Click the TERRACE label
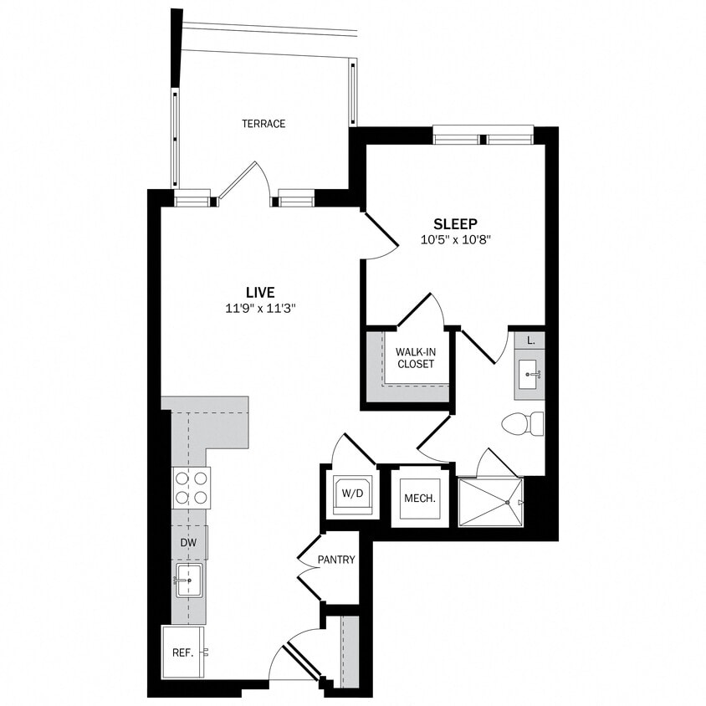(263, 124)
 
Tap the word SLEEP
(455, 223)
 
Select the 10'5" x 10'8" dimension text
(455, 240)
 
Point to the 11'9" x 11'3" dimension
(260, 308)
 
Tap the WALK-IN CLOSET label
(415, 358)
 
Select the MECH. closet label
(420, 499)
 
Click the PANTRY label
(336, 560)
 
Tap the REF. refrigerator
(182, 652)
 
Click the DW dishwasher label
(187, 542)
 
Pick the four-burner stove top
(191, 488)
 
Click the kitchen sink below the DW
(188, 580)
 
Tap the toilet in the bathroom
(524, 423)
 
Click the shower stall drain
(507, 502)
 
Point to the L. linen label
(531, 340)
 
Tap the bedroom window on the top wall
(483, 135)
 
